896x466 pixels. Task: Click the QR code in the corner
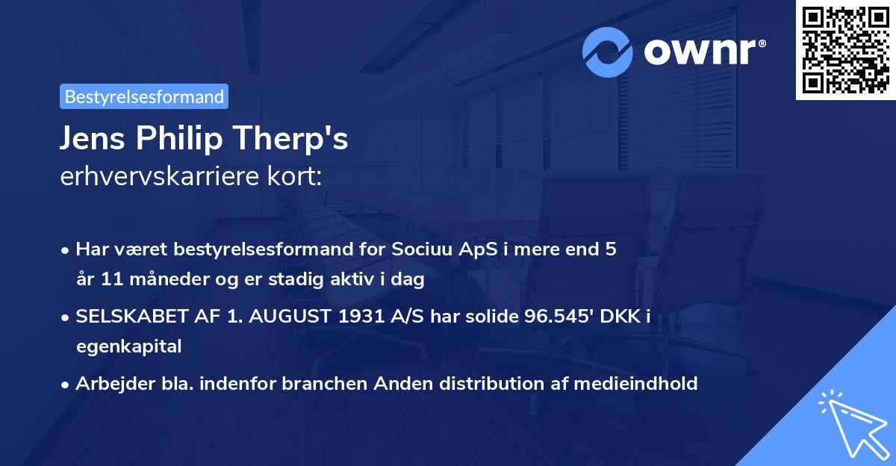pyautogui.click(x=845, y=50)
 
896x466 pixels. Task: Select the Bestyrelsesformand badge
pyautogui.click(x=144, y=96)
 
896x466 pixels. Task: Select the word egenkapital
pyautogui.click(x=128, y=347)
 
